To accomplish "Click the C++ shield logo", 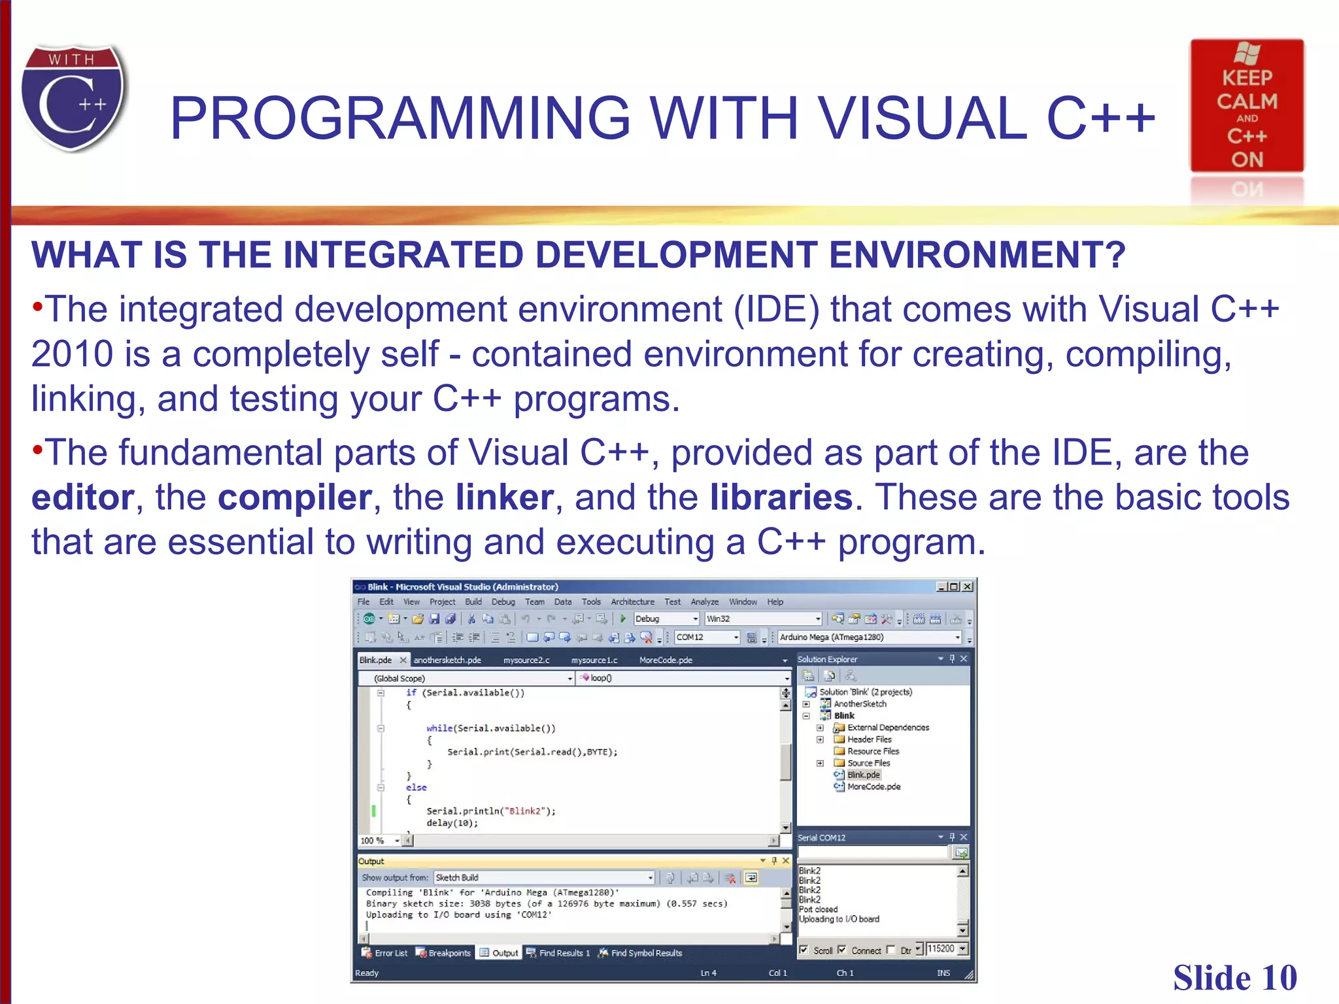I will (73, 98).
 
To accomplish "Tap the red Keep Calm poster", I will (1246, 106).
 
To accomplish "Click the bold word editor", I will (82, 497).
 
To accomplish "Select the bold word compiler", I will (294, 497).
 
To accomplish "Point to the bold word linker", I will (504, 497).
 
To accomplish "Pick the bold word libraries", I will (781, 497).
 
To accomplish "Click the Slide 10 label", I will (1234, 978).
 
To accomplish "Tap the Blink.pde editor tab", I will (376, 660).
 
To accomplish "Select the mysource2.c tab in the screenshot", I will (526, 660).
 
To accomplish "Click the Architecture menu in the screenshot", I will (632, 602).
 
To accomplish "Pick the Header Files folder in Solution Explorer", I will (869, 739).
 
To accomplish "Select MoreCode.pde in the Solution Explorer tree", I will (873, 787).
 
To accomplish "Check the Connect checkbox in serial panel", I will (842, 950).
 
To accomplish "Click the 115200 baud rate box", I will (941, 949).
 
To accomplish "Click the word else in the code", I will (416, 788).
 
